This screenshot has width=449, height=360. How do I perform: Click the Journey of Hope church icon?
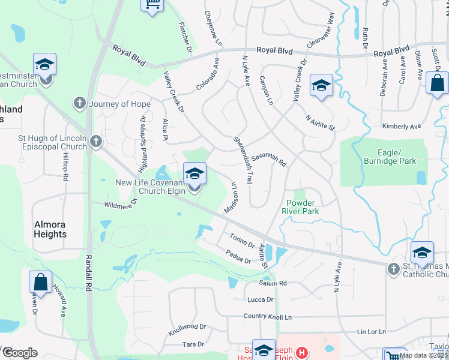79,104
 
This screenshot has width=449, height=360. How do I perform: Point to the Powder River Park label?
300,207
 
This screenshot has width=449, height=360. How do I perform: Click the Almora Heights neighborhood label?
50,229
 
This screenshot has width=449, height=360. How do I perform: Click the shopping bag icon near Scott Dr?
437,83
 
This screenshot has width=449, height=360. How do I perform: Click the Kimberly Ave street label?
402,127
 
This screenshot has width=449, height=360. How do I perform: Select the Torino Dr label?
242,243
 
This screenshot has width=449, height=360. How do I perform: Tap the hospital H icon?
301,353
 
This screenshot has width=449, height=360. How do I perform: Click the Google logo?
20,353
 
